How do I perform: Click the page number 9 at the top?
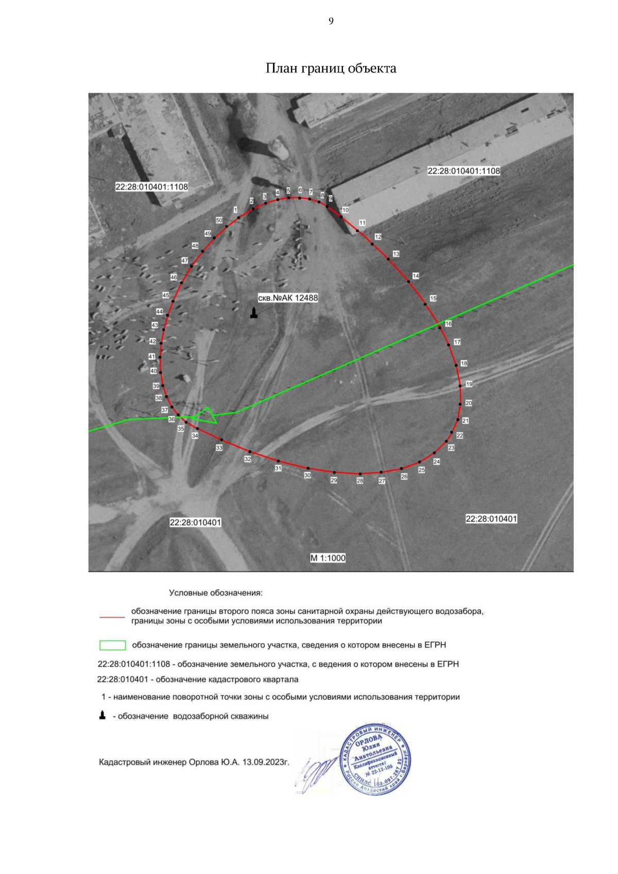331,21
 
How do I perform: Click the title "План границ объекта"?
331,68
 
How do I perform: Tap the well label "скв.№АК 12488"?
288,298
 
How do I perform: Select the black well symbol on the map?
253,313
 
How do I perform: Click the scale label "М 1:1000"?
328,558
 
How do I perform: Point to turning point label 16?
449,324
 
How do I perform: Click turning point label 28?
360,481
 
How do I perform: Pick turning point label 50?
219,220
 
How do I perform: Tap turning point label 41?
152,356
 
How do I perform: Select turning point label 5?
288,191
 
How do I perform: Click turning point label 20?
469,403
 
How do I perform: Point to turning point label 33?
219,448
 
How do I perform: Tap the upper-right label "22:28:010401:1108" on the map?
463,171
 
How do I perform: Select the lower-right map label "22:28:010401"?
491,519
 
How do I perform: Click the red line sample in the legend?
112,616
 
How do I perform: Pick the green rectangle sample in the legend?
112,645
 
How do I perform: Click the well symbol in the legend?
102,715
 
